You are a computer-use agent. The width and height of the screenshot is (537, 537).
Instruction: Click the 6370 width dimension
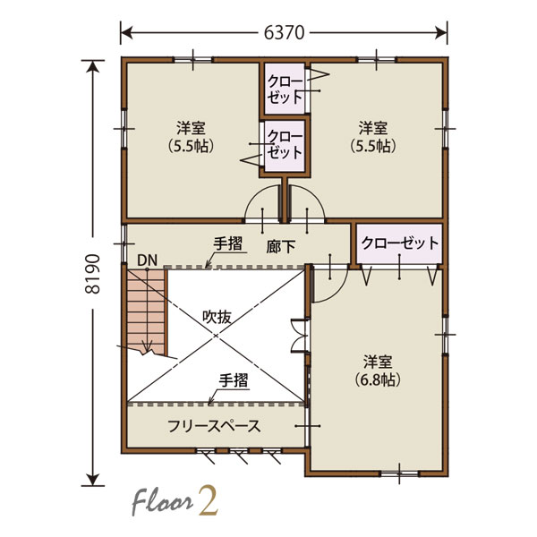(x=284, y=33)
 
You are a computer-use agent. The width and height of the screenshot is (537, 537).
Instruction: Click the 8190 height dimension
(x=93, y=274)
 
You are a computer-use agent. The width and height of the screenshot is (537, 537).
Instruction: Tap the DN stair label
(x=147, y=260)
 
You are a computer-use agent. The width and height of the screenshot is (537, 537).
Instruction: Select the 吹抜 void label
(x=217, y=317)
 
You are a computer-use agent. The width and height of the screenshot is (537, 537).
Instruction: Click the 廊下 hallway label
(x=280, y=247)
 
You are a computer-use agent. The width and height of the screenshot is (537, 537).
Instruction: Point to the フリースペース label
(x=214, y=426)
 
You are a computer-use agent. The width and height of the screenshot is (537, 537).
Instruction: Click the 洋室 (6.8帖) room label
(x=378, y=371)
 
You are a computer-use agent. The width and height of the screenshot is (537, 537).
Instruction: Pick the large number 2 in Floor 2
(x=208, y=503)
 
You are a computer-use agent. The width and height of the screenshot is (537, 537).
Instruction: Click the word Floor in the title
(x=162, y=503)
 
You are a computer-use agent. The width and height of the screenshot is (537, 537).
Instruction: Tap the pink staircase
(x=147, y=311)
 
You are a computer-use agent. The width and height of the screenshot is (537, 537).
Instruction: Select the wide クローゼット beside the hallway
(x=399, y=243)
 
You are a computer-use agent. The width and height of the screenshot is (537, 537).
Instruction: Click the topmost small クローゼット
(x=285, y=89)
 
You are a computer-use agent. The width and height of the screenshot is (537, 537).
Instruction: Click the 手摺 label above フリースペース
(x=234, y=380)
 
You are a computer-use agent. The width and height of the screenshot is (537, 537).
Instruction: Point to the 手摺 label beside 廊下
(x=227, y=243)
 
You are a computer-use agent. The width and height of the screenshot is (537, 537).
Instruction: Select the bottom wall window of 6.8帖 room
(x=400, y=473)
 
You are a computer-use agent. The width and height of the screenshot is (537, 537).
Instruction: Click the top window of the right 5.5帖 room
(x=377, y=60)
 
